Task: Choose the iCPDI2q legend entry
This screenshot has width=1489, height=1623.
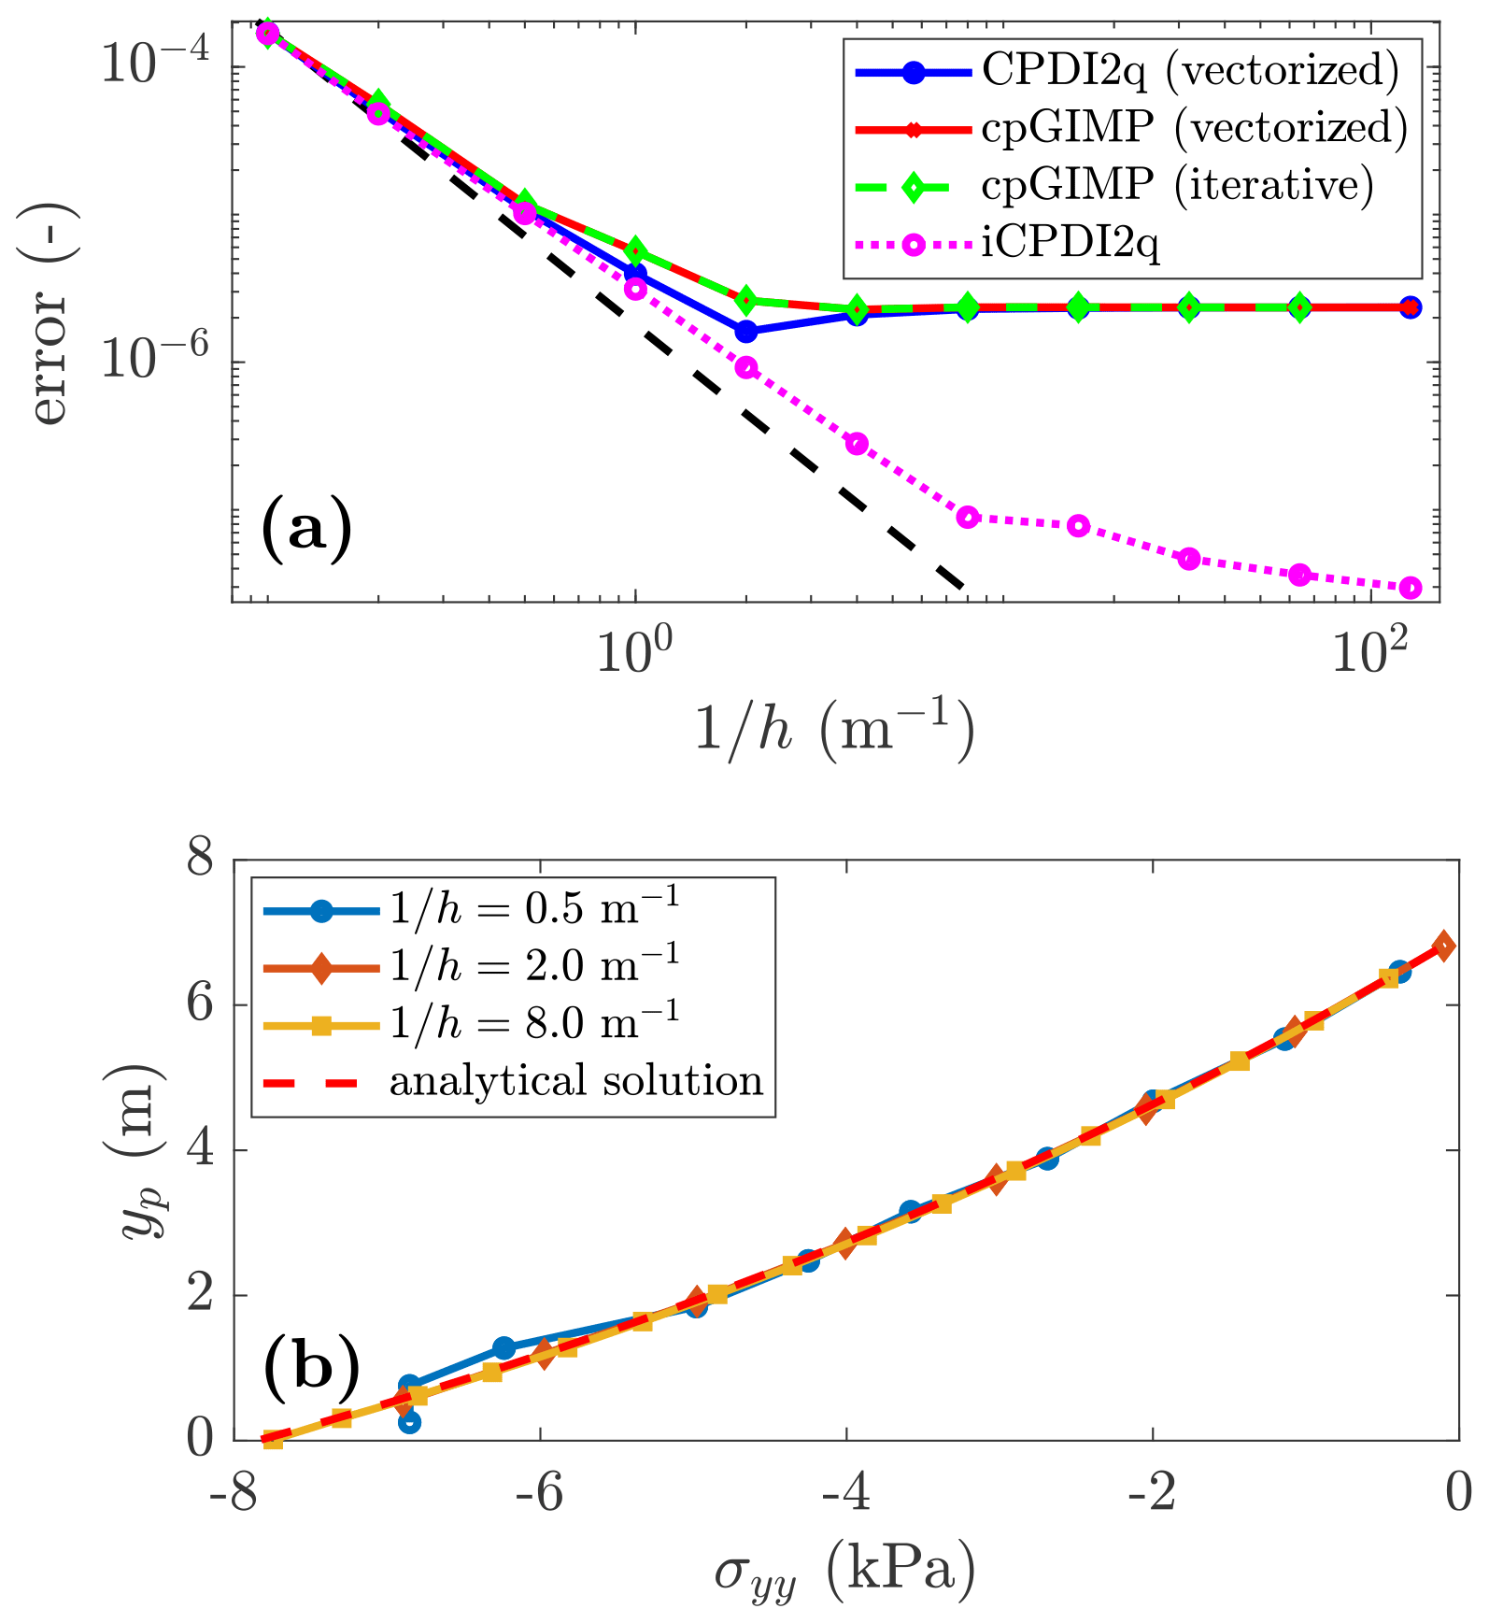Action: click(x=1071, y=244)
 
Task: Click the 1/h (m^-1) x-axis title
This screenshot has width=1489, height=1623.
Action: click(x=834, y=729)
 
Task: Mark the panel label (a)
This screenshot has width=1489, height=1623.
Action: click(x=306, y=529)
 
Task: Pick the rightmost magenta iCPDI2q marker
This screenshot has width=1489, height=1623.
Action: click(x=1411, y=587)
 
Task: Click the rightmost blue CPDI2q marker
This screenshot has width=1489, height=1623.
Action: click(x=1411, y=307)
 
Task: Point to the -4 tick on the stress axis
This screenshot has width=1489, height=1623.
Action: click(x=845, y=1492)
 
